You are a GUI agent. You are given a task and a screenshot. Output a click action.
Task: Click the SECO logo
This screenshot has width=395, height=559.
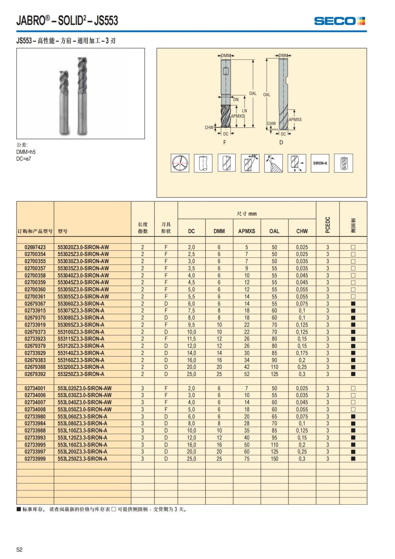(x=339, y=21)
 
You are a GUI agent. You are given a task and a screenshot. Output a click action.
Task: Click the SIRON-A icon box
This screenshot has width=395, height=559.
(x=320, y=163)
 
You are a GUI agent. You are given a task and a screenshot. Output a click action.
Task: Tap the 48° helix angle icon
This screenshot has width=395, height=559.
(x=250, y=163)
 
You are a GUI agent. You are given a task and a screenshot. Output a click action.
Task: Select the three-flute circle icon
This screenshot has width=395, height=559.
(x=180, y=163)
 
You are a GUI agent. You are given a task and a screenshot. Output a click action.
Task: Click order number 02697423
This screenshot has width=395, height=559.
(x=35, y=247)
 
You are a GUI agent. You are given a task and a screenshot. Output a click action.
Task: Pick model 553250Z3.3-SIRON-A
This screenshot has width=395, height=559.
(x=81, y=374)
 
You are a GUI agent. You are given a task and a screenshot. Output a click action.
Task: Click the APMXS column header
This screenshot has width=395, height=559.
(x=247, y=231)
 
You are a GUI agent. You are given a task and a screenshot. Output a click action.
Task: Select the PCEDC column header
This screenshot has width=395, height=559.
(x=328, y=225)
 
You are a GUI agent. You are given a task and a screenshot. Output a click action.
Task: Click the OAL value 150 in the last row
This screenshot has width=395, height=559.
(x=274, y=459)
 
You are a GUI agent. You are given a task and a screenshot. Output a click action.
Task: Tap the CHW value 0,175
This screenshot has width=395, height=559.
(x=302, y=353)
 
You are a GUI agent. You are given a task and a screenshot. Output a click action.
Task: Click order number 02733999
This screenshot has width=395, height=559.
(x=35, y=459)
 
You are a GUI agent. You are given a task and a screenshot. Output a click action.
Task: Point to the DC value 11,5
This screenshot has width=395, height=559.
(x=191, y=339)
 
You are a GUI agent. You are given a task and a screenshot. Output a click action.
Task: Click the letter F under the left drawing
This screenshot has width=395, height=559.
(x=225, y=142)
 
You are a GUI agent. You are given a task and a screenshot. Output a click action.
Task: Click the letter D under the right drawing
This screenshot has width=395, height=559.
(x=281, y=142)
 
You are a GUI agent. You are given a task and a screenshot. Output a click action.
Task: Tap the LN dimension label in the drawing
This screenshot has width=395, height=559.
(x=244, y=111)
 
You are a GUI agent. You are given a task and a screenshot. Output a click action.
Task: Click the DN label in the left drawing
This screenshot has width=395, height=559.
(x=236, y=99)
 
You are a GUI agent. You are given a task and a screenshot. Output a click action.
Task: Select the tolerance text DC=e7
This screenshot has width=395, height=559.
(x=24, y=159)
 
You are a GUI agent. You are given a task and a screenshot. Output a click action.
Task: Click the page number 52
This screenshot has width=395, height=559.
(x=19, y=549)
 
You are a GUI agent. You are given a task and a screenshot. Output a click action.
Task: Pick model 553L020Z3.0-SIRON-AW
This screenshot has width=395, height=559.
(x=84, y=388)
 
